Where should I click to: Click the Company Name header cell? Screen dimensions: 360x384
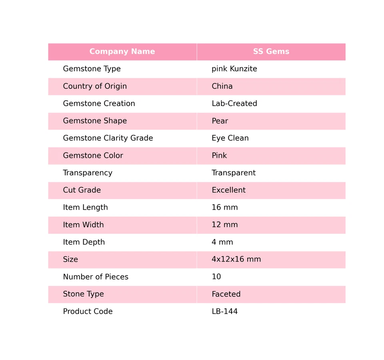(x=122, y=52)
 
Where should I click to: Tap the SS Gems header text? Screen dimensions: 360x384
(x=271, y=52)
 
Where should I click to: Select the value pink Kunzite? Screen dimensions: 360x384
(x=234, y=69)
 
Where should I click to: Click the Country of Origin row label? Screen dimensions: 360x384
(x=95, y=86)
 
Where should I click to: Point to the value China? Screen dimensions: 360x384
(x=222, y=86)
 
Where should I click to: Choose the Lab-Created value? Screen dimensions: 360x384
(x=234, y=104)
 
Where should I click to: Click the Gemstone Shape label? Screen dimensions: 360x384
(x=95, y=121)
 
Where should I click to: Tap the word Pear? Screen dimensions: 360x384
(x=220, y=121)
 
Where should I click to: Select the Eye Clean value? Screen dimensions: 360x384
(x=230, y=138)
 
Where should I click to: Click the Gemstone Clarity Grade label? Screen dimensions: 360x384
(x=108, y=138)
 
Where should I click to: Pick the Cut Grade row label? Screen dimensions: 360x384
(x=82, y=190)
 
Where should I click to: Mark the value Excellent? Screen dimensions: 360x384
(x=228, y=190)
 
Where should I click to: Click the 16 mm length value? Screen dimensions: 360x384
(x=224, y=208)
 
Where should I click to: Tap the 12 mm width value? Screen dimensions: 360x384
(x=224, y=225)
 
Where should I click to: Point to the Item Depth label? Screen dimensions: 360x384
(x=84, y=242)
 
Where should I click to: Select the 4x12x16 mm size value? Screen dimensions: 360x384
(x=236, y=260)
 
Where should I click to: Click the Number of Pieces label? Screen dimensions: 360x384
(x=96, y=277)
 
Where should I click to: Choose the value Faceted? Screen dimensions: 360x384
(x=226, y=294)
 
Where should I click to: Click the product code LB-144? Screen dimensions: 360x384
(x=224, y=312)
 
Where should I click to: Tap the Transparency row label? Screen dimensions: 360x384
(x=88, y=173)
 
